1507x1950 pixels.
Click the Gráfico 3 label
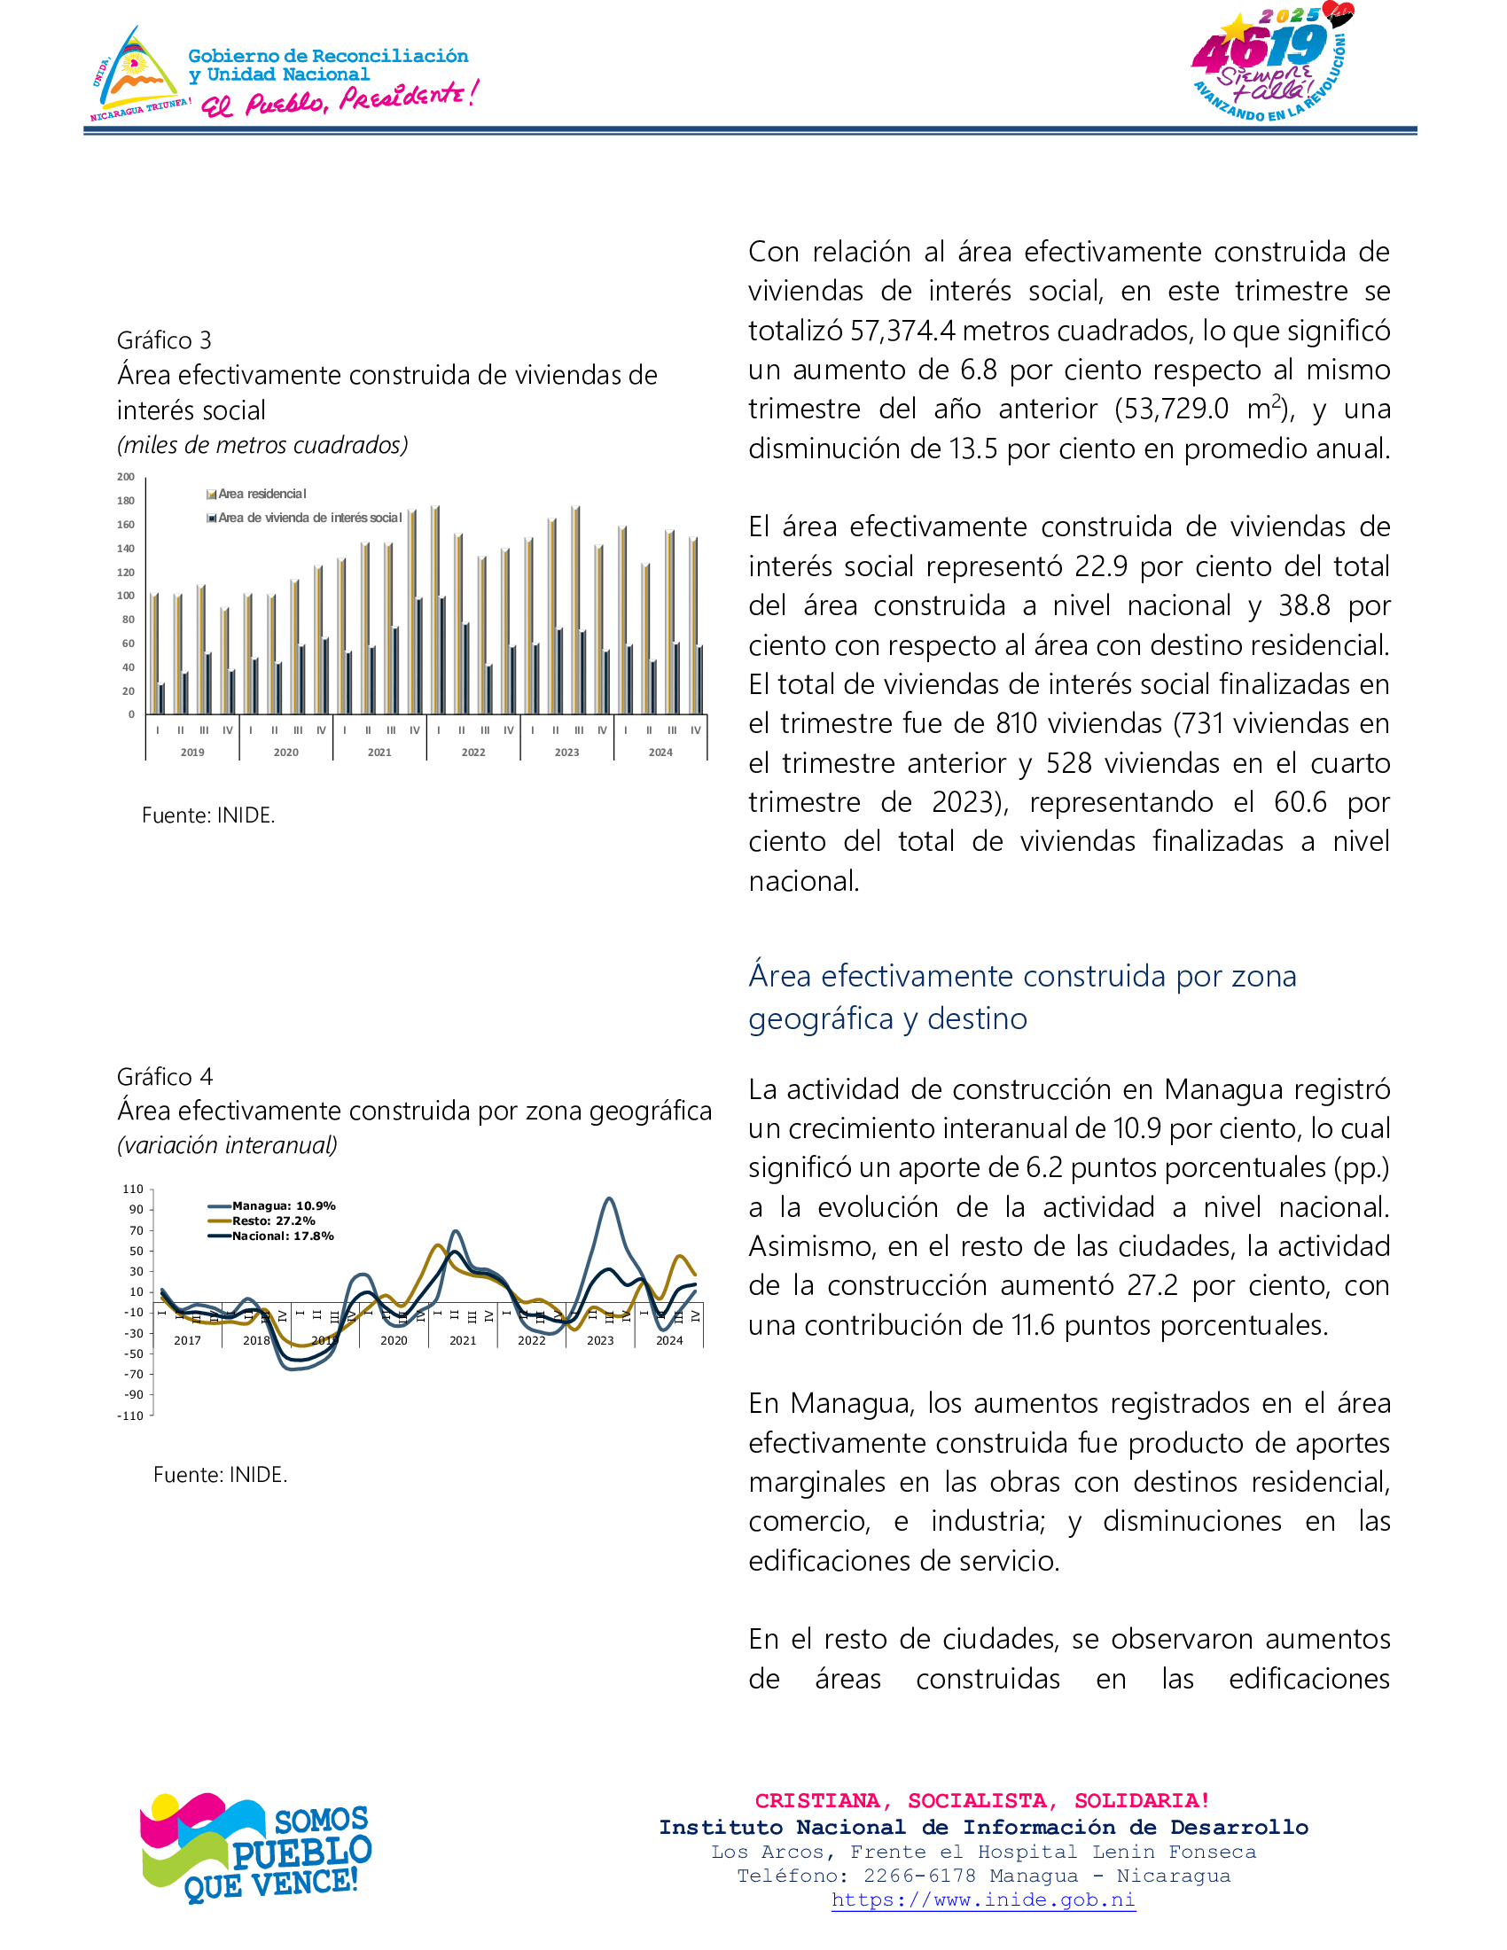(x=164, y=340)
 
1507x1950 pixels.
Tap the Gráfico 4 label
(x=165, y=1076)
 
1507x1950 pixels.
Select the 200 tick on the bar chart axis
(x=126, y=477)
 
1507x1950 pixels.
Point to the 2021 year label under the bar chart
(x=379, y=753)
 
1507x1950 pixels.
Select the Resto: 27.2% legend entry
(x=273, y=1221)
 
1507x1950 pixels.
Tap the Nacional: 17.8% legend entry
(x=282, y=1236)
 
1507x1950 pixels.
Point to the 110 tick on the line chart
(x=133, y=1189)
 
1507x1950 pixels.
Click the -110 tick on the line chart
(x=130, y=1416)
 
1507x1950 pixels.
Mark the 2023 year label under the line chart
(x=600, y=1340)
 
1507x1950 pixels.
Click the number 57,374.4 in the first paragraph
(x=902, y=331)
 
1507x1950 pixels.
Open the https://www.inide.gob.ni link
(x=983, y=1899)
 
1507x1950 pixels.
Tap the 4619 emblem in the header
(x=1270, y=63)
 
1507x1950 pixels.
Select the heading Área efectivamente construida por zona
(x=1022, y=976)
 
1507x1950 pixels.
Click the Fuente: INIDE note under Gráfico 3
(x=208, y=815)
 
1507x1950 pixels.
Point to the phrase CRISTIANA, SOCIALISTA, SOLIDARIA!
(x=982, y=1801)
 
